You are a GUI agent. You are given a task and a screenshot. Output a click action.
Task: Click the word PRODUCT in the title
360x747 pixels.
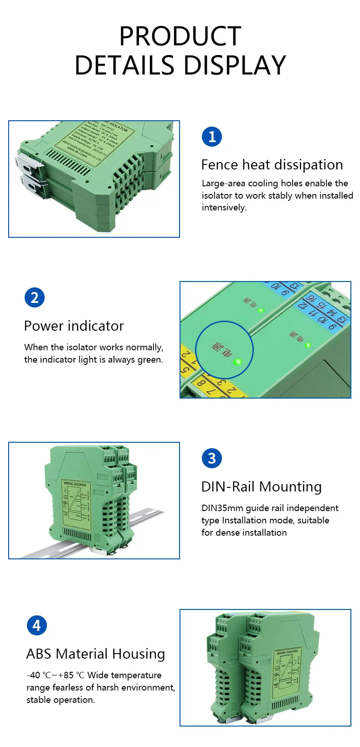pos(180,36)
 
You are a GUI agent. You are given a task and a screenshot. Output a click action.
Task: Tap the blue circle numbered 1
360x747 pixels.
pos(211,137)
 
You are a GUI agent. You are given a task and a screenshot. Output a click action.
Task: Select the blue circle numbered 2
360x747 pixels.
pos(35,298)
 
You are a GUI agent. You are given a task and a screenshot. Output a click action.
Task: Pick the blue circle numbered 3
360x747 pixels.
pos(211,458)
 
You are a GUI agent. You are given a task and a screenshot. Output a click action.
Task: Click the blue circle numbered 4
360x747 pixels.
pos(36,625)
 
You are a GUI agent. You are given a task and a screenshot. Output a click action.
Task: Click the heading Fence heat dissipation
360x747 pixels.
pos(272,165)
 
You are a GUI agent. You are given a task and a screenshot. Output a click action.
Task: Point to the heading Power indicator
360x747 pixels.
pos(74,326)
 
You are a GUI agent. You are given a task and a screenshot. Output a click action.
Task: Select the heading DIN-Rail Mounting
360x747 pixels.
pos(261,487)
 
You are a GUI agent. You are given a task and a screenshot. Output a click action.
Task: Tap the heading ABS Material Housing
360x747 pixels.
pos(96,654)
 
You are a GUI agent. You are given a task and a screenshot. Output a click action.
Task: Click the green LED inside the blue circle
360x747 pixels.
pos(237,362)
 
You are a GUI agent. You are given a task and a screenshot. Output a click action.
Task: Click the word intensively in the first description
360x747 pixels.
pos(224,208)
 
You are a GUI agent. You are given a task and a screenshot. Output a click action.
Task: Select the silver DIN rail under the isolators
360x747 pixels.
pos(146,519)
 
